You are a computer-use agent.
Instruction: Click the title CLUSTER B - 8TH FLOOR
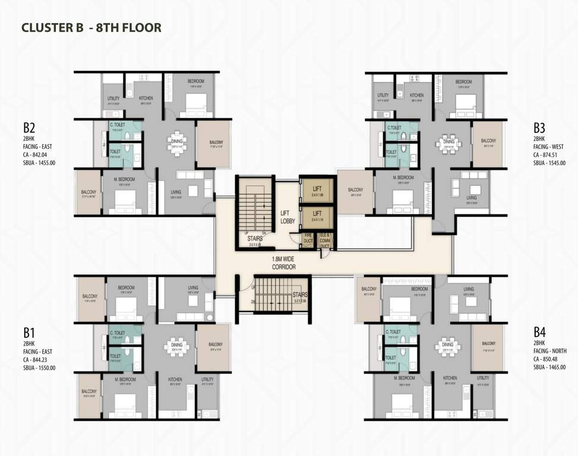click(91, 27)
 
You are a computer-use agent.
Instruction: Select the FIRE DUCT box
click(308, 239)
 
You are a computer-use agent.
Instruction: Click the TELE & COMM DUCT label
click(325, 238)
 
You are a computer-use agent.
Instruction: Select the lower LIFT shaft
click(317, 216)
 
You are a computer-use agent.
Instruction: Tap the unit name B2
click(30, 128)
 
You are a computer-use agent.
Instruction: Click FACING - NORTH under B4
click(549, 351)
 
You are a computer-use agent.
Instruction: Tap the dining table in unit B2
click(176, 145)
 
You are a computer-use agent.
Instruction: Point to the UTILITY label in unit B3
click(383, 96)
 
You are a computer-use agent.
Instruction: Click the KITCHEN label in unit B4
click(450, 378)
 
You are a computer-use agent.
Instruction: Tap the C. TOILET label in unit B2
click(116, 125)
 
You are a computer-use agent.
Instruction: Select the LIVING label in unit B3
click(471, 197)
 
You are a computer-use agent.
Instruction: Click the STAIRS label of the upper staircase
click(255, 238)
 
